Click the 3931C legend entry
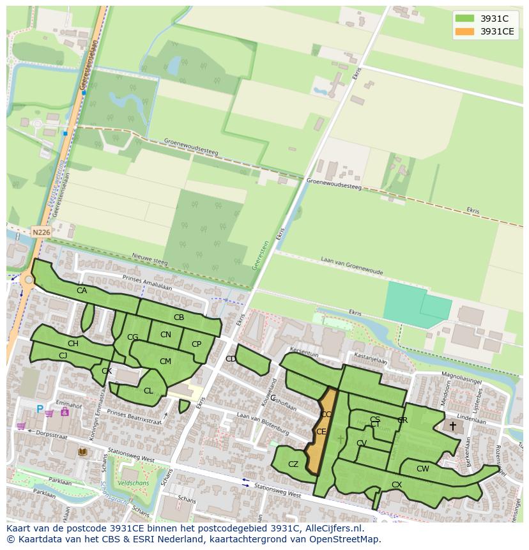tap(485, 19)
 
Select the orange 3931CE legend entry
tap(485, 31)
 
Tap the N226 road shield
tap(41, 232)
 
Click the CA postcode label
tap(82, 291)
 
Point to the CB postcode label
tap(179, 317)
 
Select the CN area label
tap(165, 335)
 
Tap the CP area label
tap(196, 344)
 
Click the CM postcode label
tap(165, 362)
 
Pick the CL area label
tap(148, 391)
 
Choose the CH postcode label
tap(73, 344)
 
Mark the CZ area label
tap(293, 464)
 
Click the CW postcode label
tap(422, 469)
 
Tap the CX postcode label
tap(397, 485)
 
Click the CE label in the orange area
tap(321, 432)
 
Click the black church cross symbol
tap(453, 425)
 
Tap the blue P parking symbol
tap(40, 409)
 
